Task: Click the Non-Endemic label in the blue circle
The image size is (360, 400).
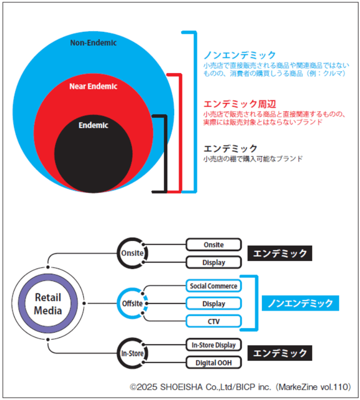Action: [x=93, y=43]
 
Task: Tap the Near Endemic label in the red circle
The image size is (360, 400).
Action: [x=93, y=86]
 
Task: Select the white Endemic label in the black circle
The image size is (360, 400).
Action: [x=93, y=125]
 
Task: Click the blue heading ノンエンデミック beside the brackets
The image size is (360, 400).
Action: [x=240, y=55]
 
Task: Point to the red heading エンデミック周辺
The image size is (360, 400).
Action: [x=240, y=104]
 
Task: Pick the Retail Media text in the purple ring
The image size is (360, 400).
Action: [x=48, y=304]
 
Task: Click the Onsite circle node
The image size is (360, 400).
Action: [x=132, y=253]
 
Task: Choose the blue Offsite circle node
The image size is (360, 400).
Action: [x=132, y=303]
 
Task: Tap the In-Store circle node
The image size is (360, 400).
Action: [x=132, y=353]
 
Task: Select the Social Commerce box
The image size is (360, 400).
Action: [x=213, y=286]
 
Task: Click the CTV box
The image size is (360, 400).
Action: [x=213, y=321]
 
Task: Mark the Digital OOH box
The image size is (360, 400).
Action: [x=213, y=363]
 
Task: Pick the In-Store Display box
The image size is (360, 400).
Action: [x=213, y=345]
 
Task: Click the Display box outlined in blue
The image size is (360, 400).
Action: [x=213, y=304]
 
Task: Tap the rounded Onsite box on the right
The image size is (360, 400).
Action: [x=213, y=245]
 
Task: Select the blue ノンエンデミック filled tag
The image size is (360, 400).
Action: [x=300, y=303]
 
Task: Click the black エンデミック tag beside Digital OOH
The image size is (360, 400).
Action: [x=280, y=353]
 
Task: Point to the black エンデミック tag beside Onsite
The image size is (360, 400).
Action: [x=280, y=253]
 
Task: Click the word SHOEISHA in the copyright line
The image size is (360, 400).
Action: [x=182, y=387]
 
